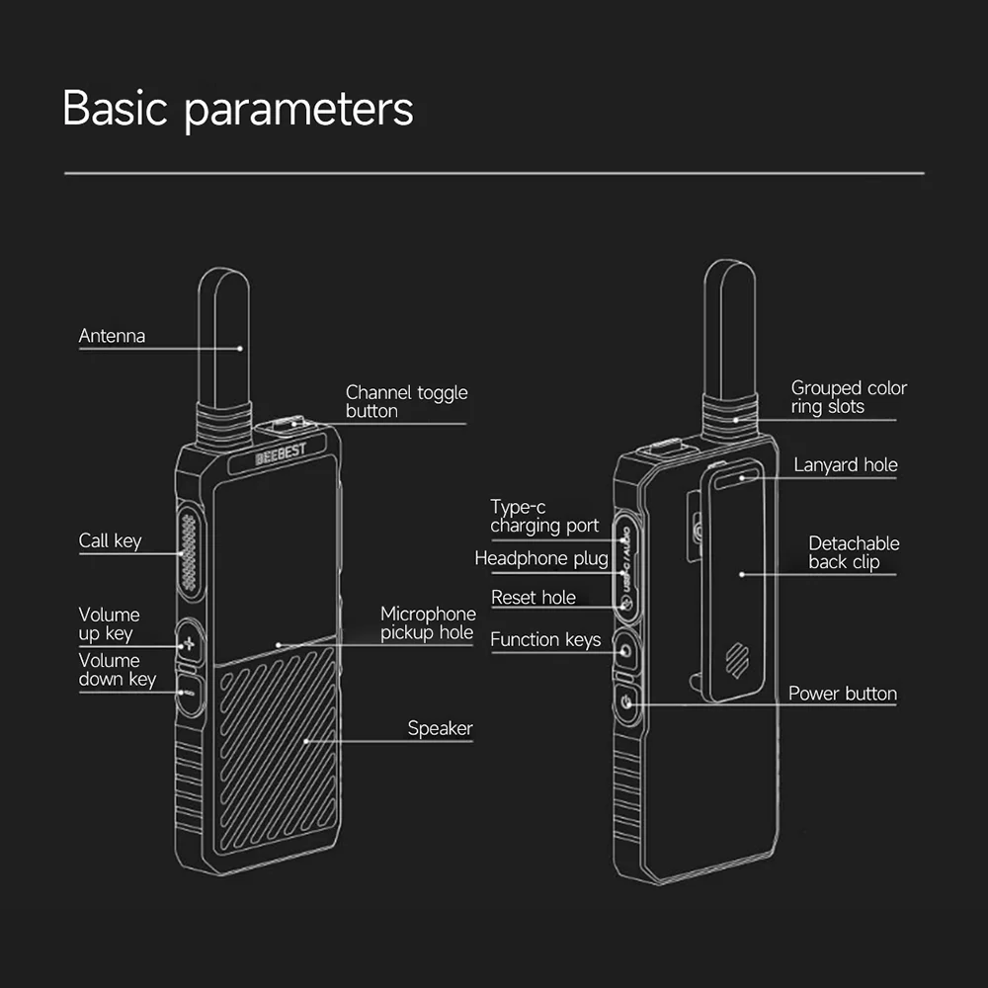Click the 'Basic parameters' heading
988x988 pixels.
[237, 110]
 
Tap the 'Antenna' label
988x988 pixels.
[112, 336]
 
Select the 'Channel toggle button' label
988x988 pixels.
[406, 401]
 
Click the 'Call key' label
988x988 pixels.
[110, 540]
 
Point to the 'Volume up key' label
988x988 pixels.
[109, 623]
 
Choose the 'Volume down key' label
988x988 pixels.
[118, 670]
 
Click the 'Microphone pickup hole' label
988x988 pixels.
[428, 622]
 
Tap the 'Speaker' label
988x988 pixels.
[440, 728]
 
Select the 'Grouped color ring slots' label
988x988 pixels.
[849, 397]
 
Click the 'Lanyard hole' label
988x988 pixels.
[846, 465]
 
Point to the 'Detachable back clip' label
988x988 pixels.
[854, 552]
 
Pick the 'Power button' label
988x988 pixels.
[843, 694]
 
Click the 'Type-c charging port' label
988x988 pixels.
[544, 516]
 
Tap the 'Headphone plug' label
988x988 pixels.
[541, 558]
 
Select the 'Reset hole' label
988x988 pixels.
[534, 598]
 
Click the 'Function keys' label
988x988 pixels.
[545, 640]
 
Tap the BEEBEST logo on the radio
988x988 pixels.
[281, 453]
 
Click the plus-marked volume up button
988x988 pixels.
[189, 644]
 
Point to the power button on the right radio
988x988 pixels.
[627, 701]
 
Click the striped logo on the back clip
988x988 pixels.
[737, 660]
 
